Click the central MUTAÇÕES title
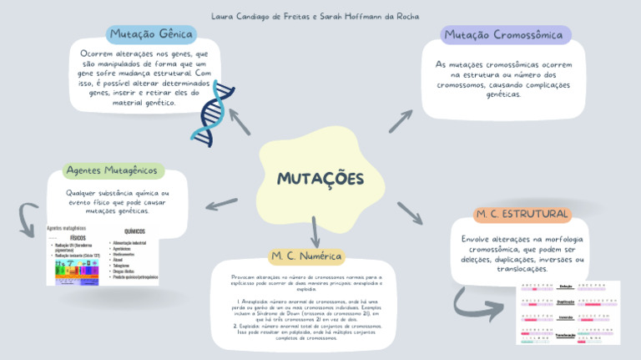pos(320,180)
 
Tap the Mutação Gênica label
pos(151,34)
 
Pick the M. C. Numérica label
pos(307,255)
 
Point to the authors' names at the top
pos(315,16)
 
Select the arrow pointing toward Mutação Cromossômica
pos(401,120)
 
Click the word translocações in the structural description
pos(522,269)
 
